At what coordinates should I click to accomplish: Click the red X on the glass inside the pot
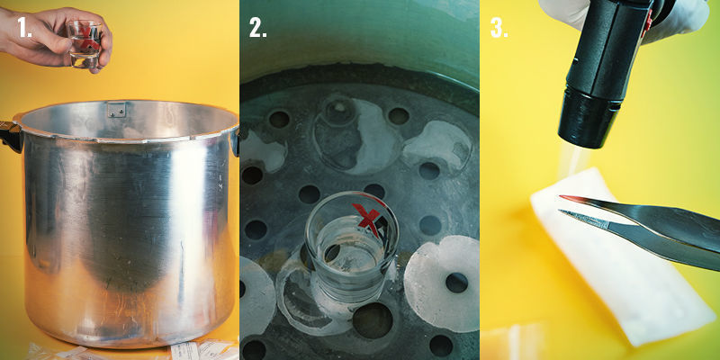click(366, 217)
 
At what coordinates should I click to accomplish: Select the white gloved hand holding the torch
click(684, 18)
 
